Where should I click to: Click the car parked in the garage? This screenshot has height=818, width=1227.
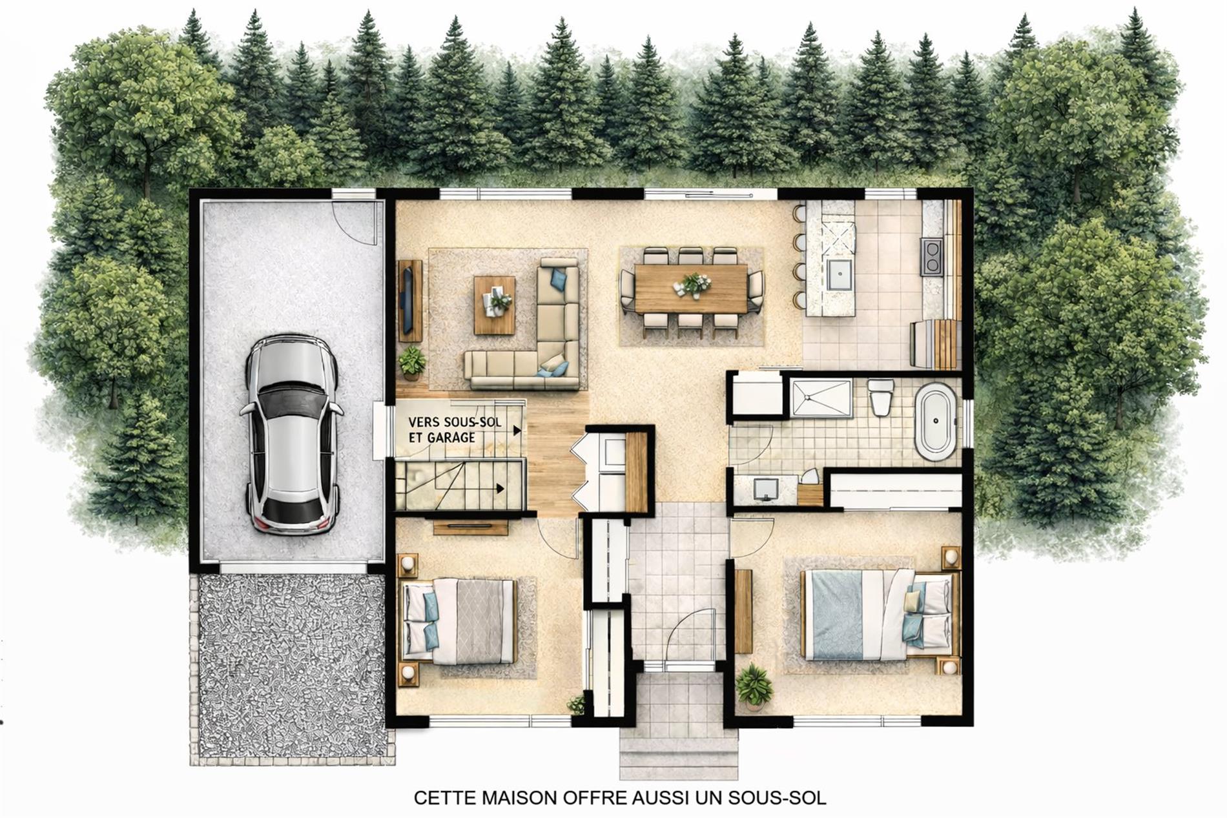(x=291, y=433)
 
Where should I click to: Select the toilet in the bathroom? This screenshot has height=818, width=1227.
(x=880, y=396)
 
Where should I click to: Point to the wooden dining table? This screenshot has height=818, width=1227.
(x=691, y=289)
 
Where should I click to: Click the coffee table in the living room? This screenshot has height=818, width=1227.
(x=495, y=305)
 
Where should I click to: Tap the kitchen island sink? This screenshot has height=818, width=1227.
(x=839, y=276)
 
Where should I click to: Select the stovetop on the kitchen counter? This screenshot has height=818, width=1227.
(x=933, y=256)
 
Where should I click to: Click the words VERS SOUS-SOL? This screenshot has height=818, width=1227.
(x=455, y=422)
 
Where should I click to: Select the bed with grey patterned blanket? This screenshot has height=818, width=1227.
(x=459, y=621)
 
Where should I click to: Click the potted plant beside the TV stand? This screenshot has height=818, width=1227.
(x=412, y=363)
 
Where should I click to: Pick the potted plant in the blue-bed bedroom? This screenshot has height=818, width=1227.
(x=754, y=686)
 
